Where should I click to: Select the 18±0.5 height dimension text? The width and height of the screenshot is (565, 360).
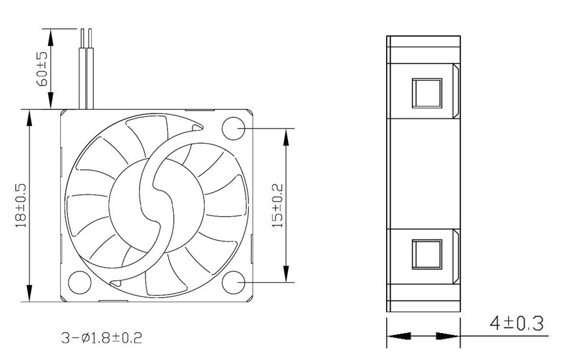[x=21, y=205]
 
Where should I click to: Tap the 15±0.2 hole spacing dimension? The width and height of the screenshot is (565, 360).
[x=277, y=205]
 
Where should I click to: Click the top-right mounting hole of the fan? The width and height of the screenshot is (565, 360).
[x=234, y=129]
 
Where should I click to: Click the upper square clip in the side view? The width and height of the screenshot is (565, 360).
[x=427, y=93]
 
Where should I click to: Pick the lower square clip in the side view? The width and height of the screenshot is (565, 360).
[x=427, y=253]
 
